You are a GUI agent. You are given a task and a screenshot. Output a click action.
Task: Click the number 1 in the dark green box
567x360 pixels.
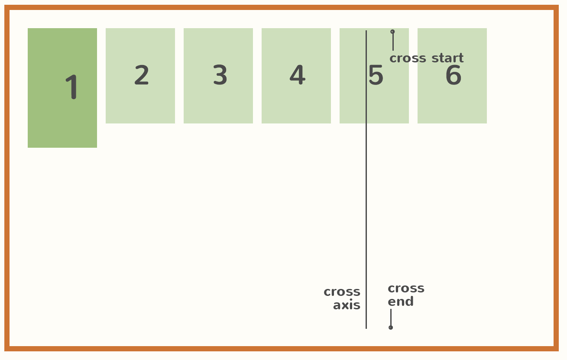(x=72, y=87)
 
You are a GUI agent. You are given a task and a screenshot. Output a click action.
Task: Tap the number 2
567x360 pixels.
(x=142, y=75)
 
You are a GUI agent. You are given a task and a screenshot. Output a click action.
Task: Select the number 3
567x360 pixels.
(x=220, y=75)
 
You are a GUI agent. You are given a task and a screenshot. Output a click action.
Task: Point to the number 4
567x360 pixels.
(x=298, y=75)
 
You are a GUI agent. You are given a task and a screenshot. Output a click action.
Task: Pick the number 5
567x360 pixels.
(x=376, y=75)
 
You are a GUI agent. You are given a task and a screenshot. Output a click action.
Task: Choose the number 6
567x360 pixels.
(x=453, y=75)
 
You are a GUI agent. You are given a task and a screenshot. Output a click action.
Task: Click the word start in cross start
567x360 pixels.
(x=447, y=58)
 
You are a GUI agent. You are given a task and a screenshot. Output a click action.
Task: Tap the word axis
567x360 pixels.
(x=347, y=305)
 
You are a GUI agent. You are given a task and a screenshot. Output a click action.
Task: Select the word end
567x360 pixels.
(x=401, y=302)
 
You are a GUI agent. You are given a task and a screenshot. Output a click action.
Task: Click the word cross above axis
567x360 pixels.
(x=342, y=292)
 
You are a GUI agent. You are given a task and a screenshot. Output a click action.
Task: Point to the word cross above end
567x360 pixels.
(x=406, y=289)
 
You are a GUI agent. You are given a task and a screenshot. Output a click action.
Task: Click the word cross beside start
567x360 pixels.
(x=408, y=58)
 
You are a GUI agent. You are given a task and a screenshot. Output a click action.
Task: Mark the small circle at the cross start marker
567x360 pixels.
(x=392, y=32)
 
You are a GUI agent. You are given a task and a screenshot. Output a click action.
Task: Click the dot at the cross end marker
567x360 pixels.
(x=391, y=328)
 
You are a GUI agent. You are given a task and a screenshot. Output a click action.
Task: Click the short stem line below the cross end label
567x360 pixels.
(x=391, y=317)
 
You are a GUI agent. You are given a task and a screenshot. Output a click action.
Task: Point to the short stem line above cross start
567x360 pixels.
(x=393, y=42)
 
